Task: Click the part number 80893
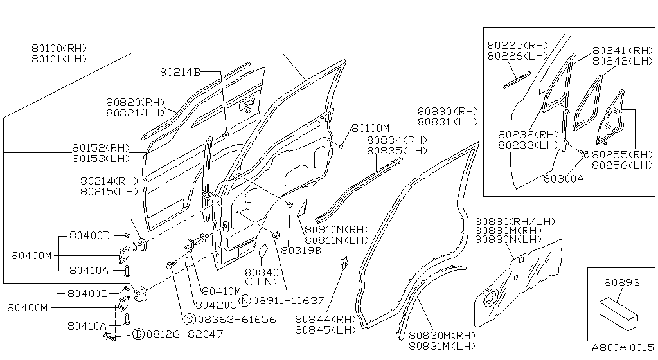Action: pyautogui.click(x=622, y=282)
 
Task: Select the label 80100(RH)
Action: pyautogui.click(x=59, y=48)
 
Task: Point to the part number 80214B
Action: pyautogui.click(x=180, y=72)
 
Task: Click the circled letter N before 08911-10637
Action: pyautogui.click(x=245, y=300)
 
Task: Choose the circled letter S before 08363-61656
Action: pyautogui.click(x=190, y=319)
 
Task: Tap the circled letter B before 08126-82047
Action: pyautogui.click(x=139, y=334)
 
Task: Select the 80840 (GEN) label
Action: pyautogui.click(x=261, y=277)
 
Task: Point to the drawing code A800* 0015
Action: pyautogui.click(x=623, y=347)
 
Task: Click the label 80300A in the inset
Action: pyautogui.click(x=564, y=179)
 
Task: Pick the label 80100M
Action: pyautogui.click(x=371, y=127)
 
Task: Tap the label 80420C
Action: pyautogui.click(x=216, y=305)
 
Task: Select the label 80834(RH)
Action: pyautogui.click(x=397, y=139)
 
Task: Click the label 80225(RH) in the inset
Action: pyautogui.click(x=518, y=45)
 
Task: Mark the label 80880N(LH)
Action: pyautogui.click(x=508, y=239)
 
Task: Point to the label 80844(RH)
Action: pyautogui.click(x=325, y=319)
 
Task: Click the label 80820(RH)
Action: pyautogui.click(x=135, y=102)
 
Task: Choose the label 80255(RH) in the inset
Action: pyautogui.click(x=623, y=154)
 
